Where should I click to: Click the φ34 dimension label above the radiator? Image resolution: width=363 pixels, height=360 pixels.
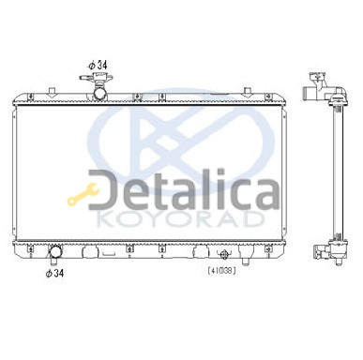pos(98,66)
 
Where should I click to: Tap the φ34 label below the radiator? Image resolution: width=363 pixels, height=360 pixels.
pos(54,273)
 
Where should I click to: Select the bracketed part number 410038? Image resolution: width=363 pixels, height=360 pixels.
pos(221,271)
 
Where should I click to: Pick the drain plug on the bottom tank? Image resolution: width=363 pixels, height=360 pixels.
pos(224,254)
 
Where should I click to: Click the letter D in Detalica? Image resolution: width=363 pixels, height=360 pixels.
pos(100,189)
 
